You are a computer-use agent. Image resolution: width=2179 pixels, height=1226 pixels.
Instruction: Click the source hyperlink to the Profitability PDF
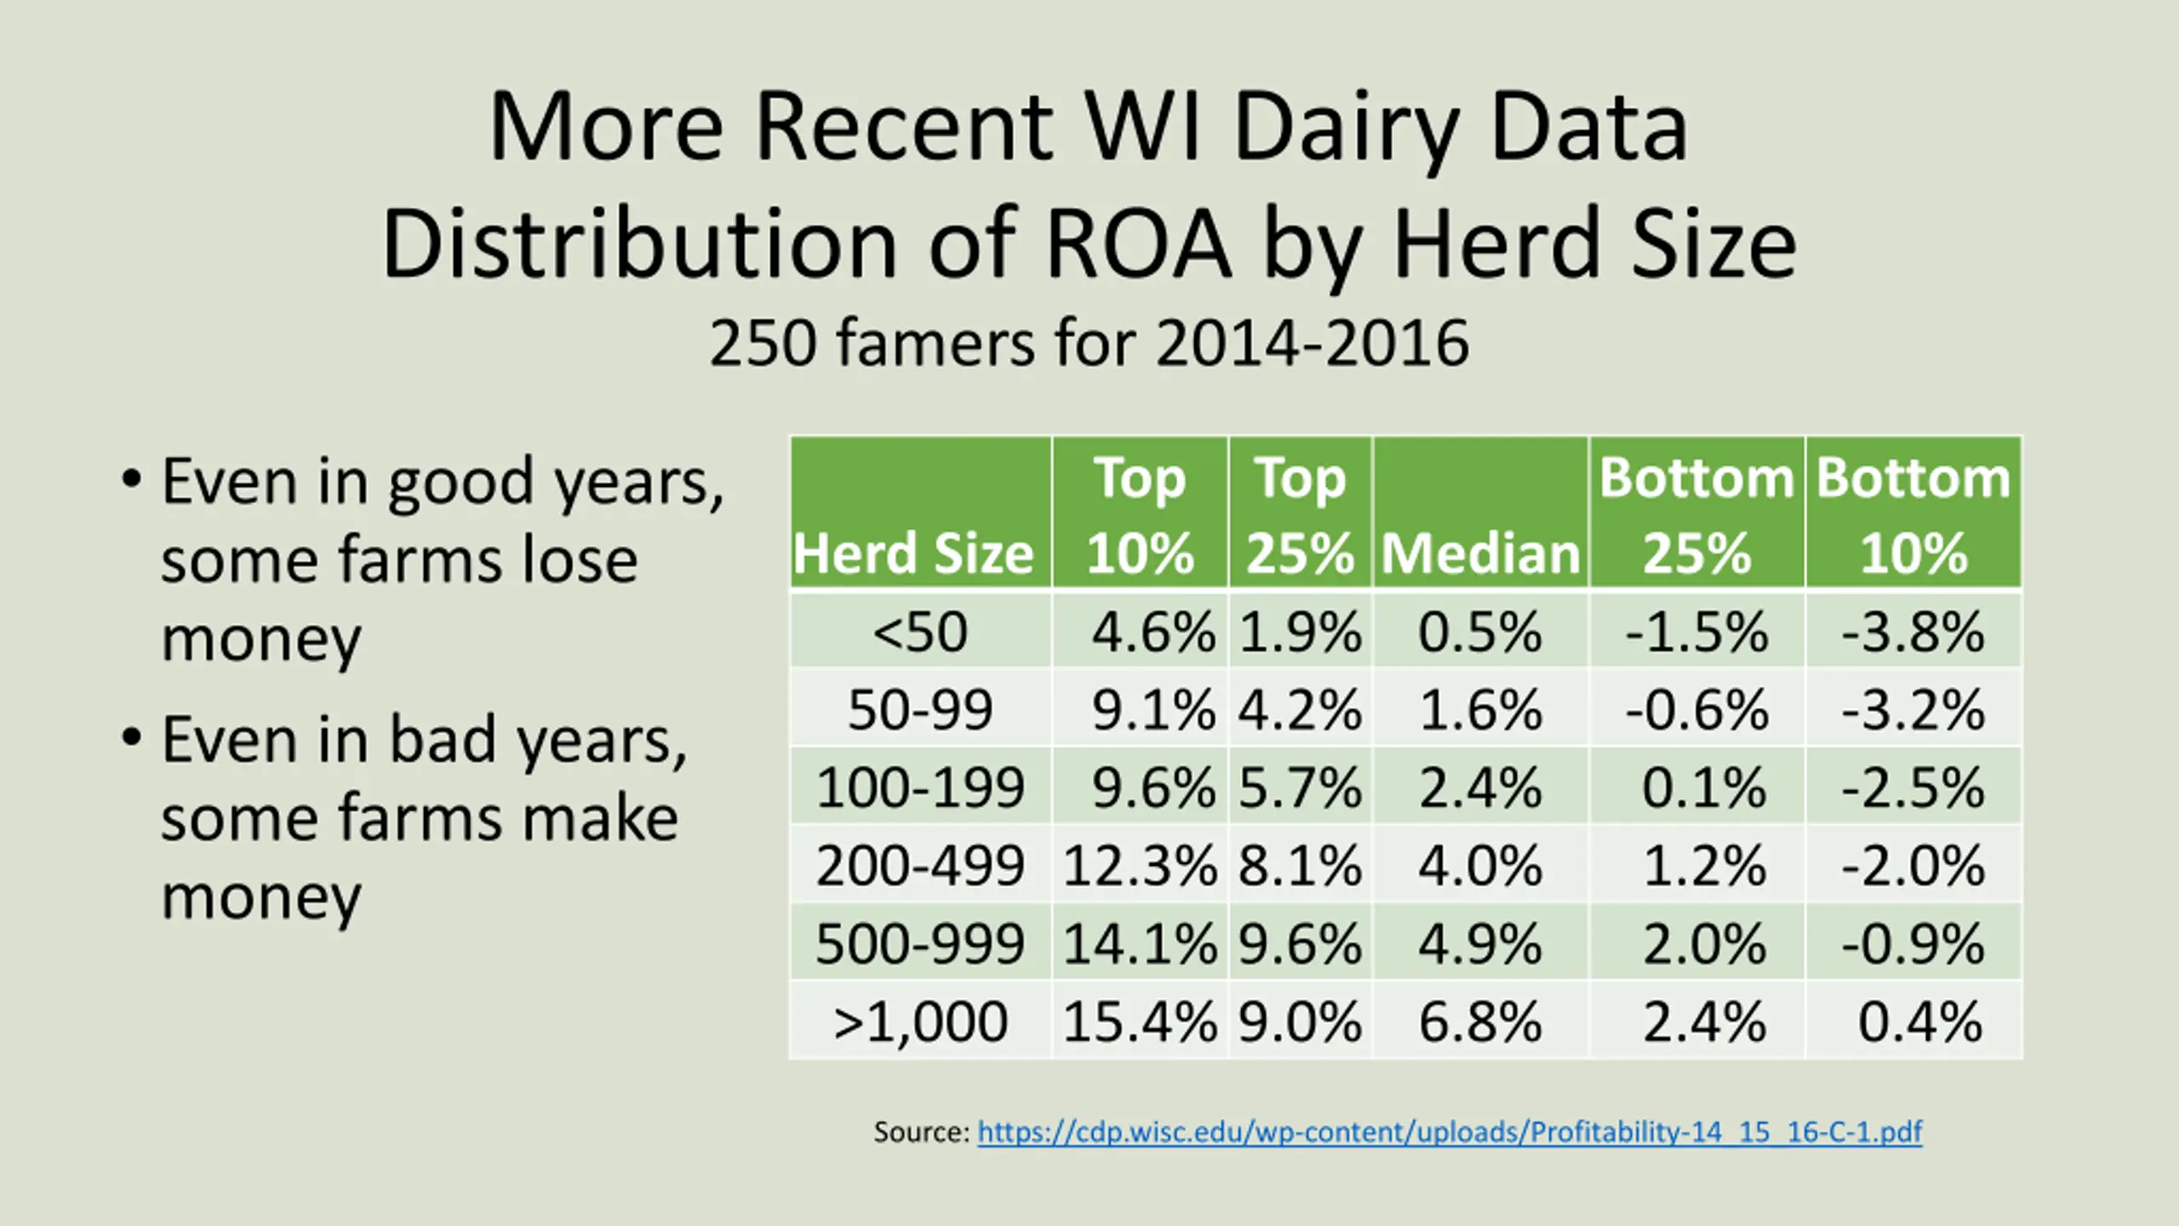coord(1449,1131)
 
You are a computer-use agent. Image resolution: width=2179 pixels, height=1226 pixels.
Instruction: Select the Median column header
coord(1480,553)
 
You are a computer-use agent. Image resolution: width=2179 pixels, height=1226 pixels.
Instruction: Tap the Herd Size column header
coord(913,553)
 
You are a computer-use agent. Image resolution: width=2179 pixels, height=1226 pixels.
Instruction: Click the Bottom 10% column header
coord(1913,514)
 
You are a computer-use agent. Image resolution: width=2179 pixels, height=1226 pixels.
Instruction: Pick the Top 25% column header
coord(1300,514)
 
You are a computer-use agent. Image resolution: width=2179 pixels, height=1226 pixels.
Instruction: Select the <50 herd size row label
coord(920,632)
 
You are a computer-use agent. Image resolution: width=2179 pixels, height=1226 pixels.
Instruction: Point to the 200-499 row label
coord(920,866)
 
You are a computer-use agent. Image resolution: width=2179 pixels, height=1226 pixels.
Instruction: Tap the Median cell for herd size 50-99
coord(1480,709)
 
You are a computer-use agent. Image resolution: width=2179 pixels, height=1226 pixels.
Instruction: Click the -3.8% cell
coord(1913,632)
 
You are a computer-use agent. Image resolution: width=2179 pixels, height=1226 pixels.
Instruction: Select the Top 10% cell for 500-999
coord(1140,943)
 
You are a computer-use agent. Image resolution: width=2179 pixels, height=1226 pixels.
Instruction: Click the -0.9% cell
coord(1913,943)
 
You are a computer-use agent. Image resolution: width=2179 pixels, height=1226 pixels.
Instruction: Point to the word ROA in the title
coord(1138,244)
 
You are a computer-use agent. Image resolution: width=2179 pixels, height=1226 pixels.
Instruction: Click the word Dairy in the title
coord(1346,128)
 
